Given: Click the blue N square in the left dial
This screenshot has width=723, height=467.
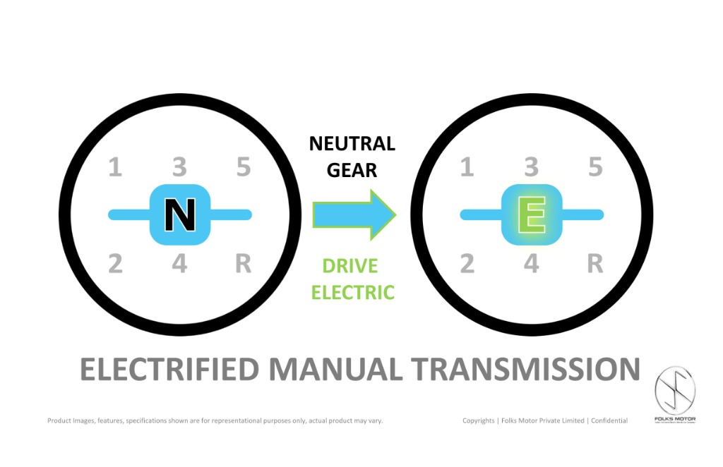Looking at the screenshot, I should (x=179, y=214).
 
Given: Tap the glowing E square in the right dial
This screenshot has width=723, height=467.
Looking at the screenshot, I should (x=531, y=214).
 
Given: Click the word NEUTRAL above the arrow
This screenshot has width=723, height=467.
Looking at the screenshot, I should (x=352, y=145).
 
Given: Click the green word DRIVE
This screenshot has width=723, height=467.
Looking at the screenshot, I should (x=350, y=266).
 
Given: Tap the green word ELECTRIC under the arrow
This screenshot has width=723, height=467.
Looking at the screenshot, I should (x=352, y=292).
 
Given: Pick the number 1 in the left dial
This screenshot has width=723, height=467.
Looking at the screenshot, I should (x=114, y=168).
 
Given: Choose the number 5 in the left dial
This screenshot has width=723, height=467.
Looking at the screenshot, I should (x=244, y=168).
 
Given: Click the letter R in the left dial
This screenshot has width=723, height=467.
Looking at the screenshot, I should (x=243, y=264).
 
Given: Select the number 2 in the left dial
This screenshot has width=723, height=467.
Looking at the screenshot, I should (x=114, y=264).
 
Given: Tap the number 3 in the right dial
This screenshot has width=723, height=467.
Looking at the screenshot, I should (x=531, y=168).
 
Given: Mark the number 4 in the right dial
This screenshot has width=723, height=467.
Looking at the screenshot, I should (x=531, y=264).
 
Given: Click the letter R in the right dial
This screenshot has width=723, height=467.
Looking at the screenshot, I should (x=595, y=264).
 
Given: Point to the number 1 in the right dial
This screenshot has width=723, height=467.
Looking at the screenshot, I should (x=466, y=168).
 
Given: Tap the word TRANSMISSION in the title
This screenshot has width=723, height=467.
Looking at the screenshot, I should (x=525, y=370).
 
